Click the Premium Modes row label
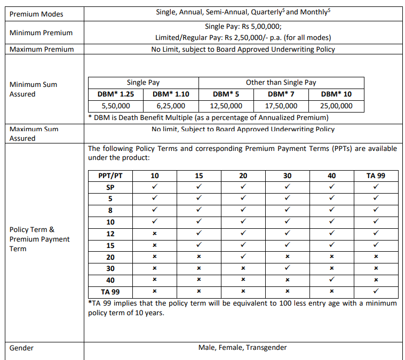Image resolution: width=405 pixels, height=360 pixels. (x=36, y=14)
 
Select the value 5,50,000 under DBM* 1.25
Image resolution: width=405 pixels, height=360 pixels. (x=116, y=106)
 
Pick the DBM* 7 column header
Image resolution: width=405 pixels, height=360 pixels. (x=281, y=94)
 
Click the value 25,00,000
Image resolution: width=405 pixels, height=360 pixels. (x=337, y=106)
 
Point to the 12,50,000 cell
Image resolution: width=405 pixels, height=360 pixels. (x=226, y=106)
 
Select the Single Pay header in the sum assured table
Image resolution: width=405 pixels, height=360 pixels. (x=143, y=83)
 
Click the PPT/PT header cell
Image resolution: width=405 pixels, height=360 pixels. (x=110, y=175)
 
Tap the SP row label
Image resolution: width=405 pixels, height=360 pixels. (x=110, y=187)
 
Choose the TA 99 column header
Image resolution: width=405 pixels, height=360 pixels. (x=376, y=175)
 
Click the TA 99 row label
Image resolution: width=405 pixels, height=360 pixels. (x=110, y=292)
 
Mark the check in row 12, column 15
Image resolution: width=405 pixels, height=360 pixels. (x=198, y=233)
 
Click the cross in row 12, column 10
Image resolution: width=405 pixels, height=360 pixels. (x=154, y=234)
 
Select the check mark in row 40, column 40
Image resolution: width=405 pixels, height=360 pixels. (x=331, y=279)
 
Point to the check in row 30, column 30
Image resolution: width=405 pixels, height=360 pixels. (x=287, y=268)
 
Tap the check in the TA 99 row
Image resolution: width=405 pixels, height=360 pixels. (x=376, y=291)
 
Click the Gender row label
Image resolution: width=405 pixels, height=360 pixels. (x=21, y=348)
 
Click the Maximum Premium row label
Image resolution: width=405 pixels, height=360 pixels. (x=41, y=49)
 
